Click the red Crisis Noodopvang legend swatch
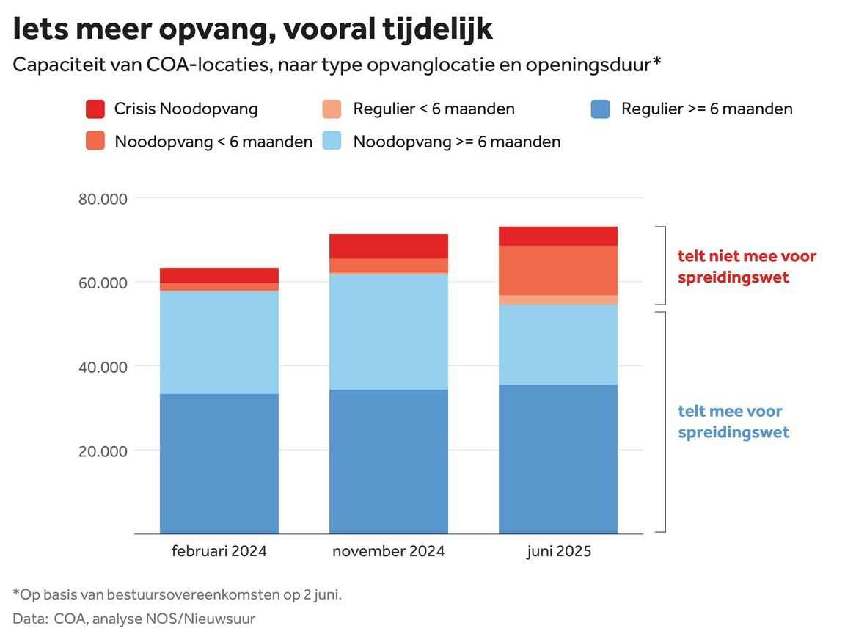[96, 109]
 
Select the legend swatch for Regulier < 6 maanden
[334, 109]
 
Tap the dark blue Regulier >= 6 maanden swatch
[601, 109]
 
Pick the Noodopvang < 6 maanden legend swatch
[96, 141]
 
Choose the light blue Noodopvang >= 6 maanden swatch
[334, 141]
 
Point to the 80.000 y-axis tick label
[102, 199]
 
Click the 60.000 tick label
[102, 283]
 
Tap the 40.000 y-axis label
[102, 367]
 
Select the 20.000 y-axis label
[102, 451]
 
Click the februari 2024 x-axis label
[219, 551]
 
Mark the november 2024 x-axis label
[388, 551]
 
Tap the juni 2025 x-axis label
[558, 551]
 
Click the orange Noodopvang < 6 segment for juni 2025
[558, 270]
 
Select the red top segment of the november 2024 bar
[388, 246]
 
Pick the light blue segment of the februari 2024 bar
[219, 342]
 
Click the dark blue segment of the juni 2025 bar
[558, 459]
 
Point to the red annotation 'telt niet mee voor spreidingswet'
[747, 267]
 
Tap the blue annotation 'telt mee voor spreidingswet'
[733, 421]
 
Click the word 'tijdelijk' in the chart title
[438, 29]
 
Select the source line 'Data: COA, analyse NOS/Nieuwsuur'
[134, 619]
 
